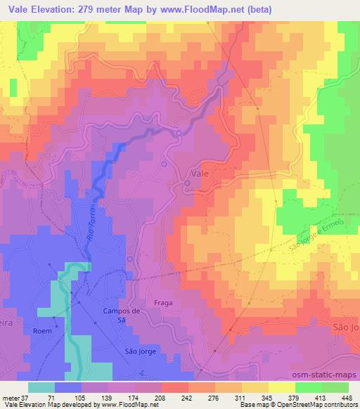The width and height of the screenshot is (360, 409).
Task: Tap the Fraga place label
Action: click(159, 303)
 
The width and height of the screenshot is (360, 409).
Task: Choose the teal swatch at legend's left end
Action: click(41, 387)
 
